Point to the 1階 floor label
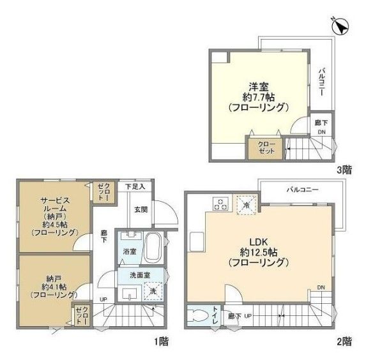tap(162, 341)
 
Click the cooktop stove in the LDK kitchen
tap(221, 205)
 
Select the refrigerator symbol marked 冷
tap(246, 205)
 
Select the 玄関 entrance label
tap(141, 209)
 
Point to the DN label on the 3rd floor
tap(321, 133)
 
